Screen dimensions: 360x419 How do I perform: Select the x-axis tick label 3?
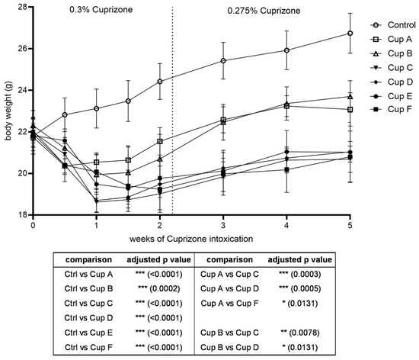click(x=223, y=227)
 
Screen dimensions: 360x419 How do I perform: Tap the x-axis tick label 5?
click(x=350, y=227)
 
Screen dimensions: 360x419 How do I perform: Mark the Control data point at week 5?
click(x=350, y=33)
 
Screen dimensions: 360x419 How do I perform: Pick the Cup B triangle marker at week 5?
click(x=350, y=96)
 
